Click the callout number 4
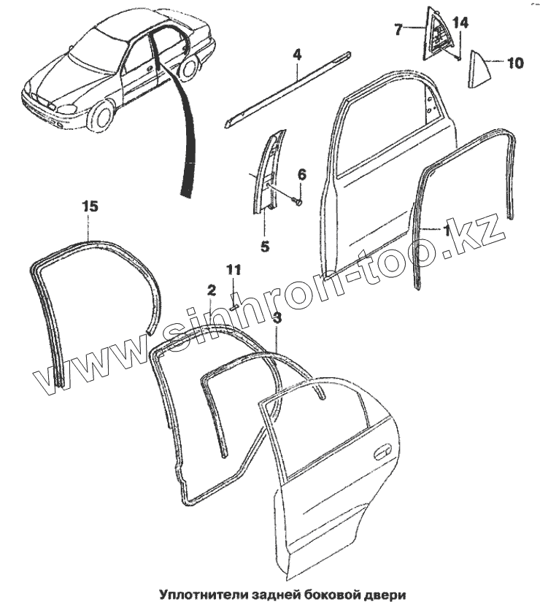tap(298, 55)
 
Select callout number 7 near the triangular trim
tap(398, 30)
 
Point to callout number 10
tap(514, 63)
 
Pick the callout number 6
tap(301, 174)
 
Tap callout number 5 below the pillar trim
tap(265, 247)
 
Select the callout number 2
tap(211, 290)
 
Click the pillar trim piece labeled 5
tap(266, 171)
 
